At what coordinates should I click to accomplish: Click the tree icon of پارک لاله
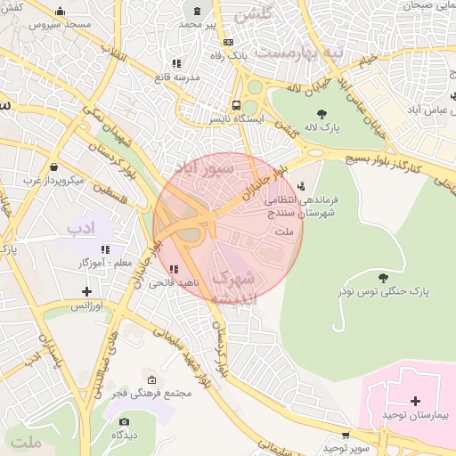click(322, 114)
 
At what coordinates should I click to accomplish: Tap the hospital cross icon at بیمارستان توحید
click(415, 401)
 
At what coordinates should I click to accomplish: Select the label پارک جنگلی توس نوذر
click(383, 291)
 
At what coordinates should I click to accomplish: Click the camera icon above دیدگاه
click(124, 421)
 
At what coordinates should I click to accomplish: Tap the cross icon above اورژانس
click(86, 291)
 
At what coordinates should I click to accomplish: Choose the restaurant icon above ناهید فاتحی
click(173, 268)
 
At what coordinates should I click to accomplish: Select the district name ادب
click(80, 229)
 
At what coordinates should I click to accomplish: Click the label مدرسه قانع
click(176, 77)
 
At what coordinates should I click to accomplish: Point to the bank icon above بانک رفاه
click(229, 42)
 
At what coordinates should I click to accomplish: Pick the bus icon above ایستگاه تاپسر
click(236, 103)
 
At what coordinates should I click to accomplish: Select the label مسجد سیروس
click(60, 25)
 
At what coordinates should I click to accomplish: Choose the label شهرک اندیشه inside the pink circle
click(233, 287)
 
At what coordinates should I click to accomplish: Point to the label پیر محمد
click(197, 24)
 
